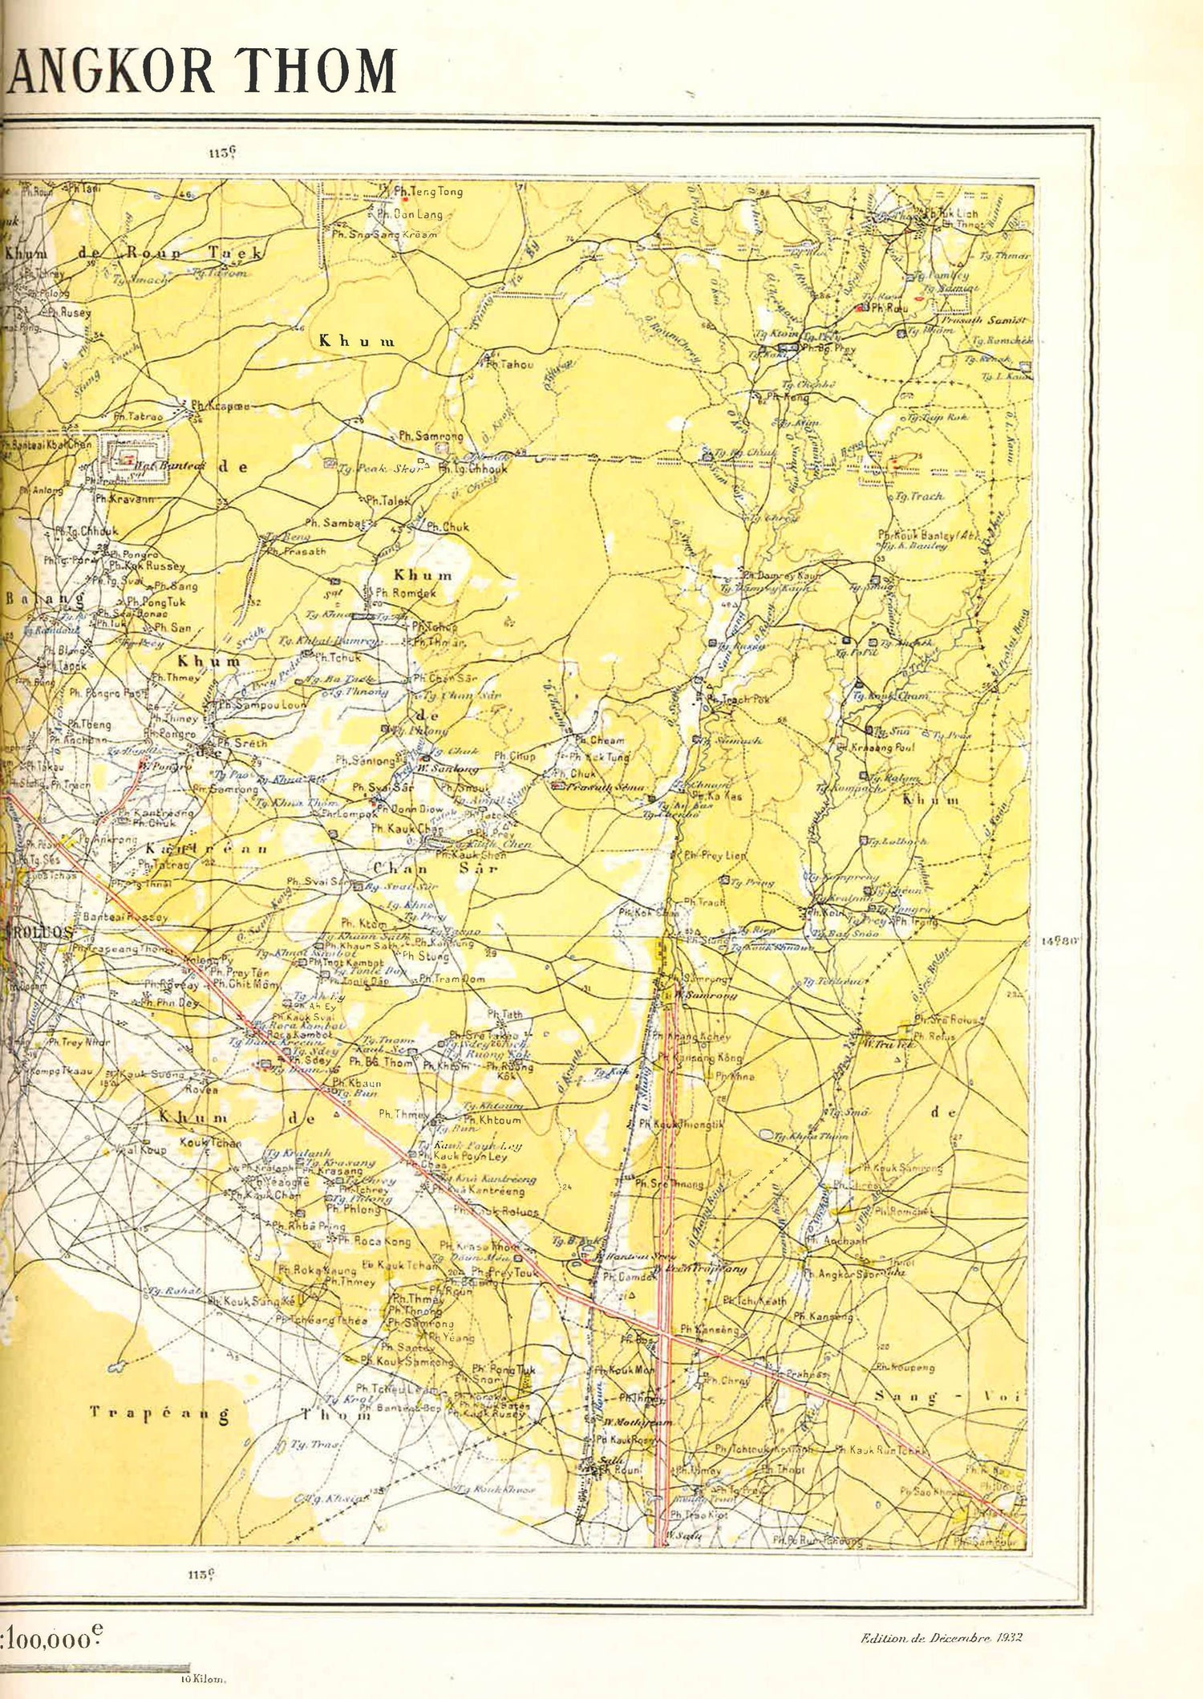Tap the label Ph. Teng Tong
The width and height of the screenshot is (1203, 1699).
(428, 193)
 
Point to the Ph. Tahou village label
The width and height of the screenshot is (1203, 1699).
(510, 365)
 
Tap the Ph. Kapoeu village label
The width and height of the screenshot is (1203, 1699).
(217, 407)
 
